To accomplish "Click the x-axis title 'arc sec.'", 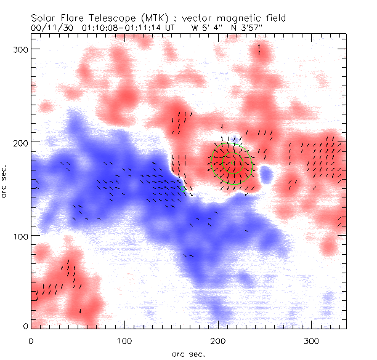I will pyautogui.click(x=189, y=353).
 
